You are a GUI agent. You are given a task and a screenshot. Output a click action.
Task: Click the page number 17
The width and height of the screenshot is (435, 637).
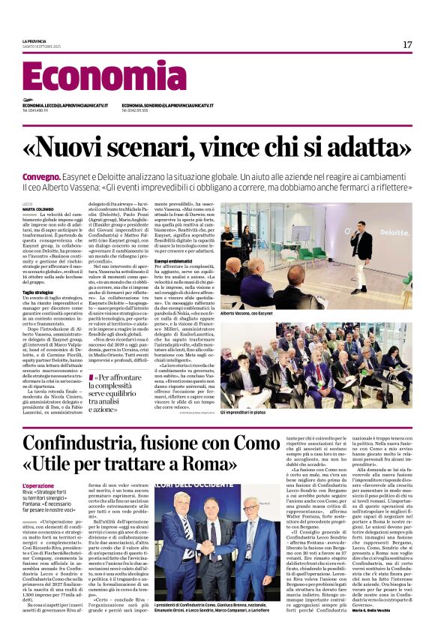[406, 45]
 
